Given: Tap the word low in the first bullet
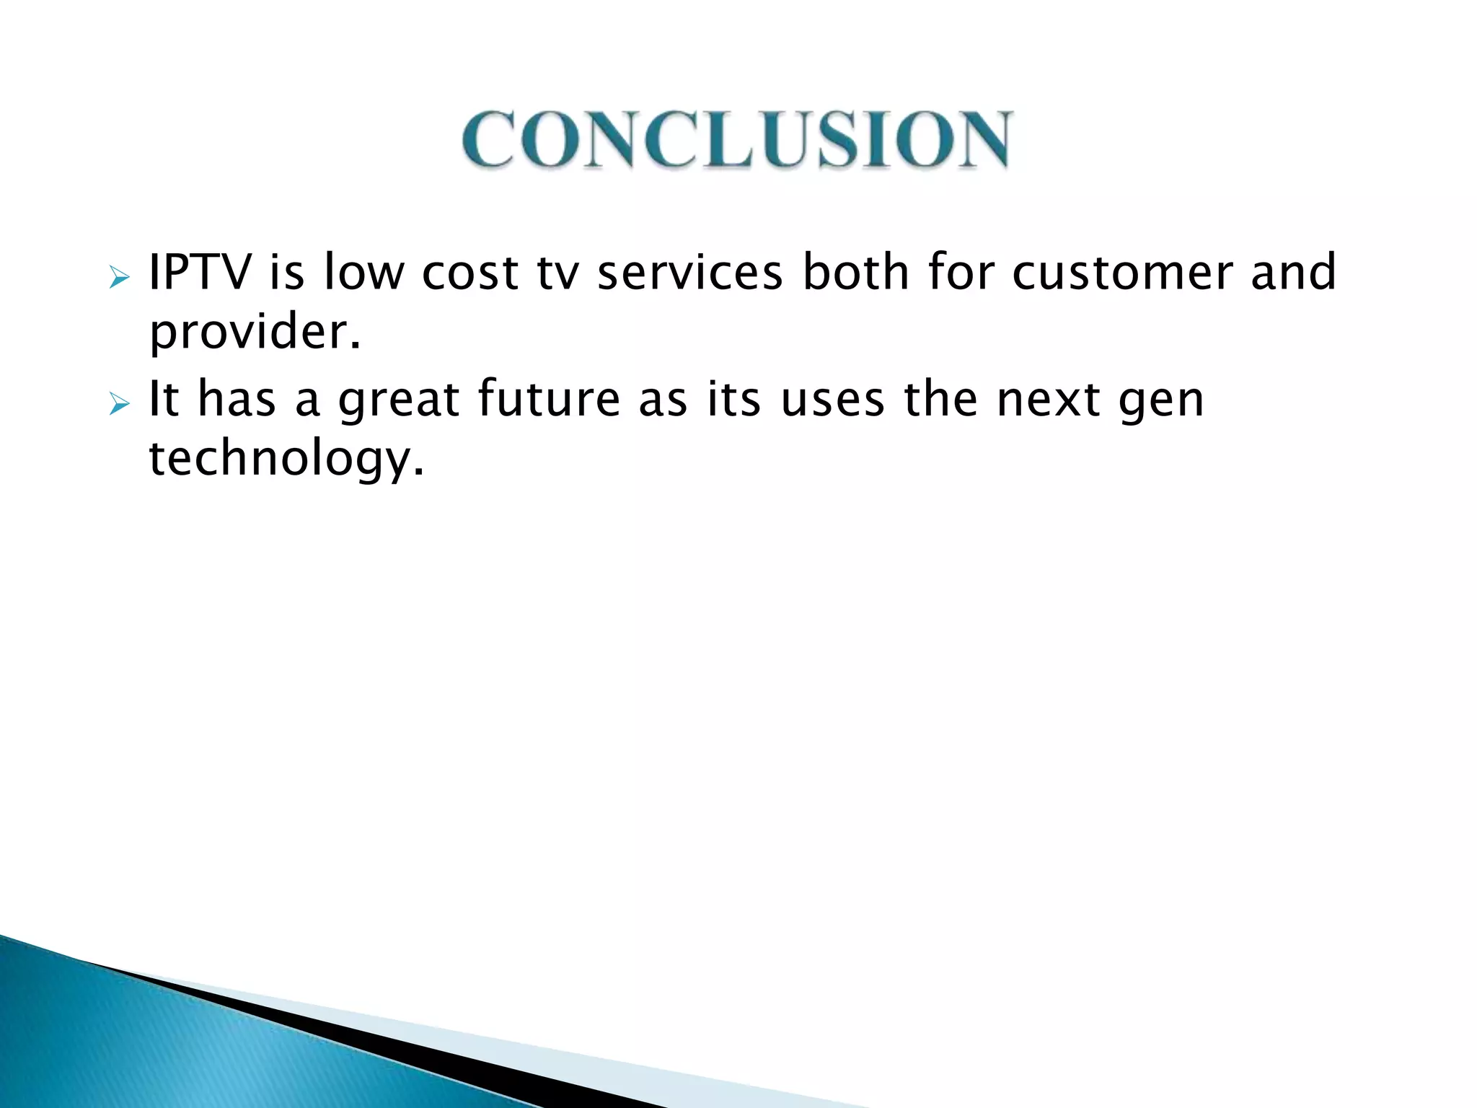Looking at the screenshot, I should coord(364,273).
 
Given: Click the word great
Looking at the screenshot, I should coord(399,401).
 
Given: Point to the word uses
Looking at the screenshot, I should coord(833,401).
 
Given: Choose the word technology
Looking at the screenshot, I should coord(286,460).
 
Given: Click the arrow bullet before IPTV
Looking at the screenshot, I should coord(119,278).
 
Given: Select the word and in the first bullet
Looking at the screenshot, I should coord(1293,273).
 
